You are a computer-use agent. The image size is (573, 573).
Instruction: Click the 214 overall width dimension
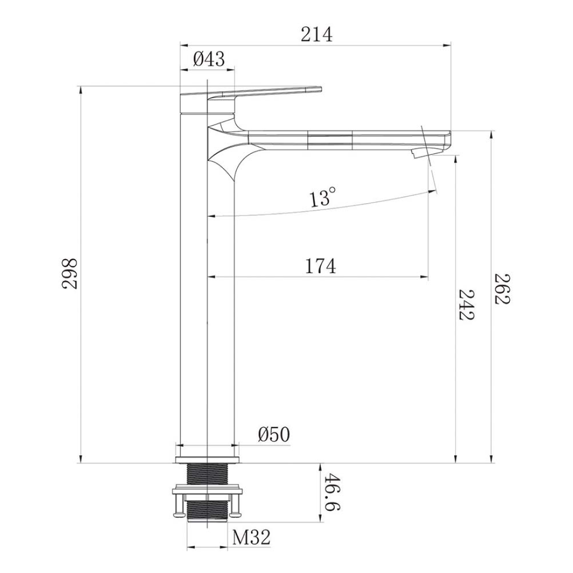point(316,34)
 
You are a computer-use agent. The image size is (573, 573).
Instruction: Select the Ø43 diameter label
point(209,59)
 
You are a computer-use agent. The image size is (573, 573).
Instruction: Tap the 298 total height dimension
point(69,274)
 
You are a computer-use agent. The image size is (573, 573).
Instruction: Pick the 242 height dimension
point(467,305)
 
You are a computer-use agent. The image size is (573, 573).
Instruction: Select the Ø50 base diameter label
point(274,435)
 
